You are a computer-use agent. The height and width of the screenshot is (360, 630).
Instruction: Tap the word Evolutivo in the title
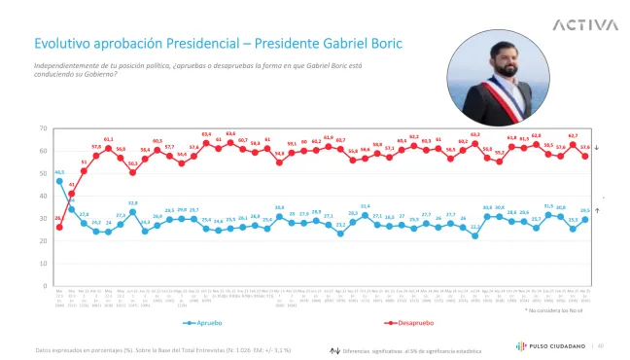(61, 45)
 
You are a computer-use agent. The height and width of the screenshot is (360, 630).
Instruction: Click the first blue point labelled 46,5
(59, 181)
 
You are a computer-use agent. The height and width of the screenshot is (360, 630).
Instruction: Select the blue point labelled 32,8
(132, 212)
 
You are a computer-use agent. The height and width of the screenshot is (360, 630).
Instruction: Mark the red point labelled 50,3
(132, 172)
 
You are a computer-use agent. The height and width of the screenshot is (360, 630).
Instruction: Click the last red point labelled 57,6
(585, 156)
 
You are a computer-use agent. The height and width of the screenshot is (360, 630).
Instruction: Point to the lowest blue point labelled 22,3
(475, 235)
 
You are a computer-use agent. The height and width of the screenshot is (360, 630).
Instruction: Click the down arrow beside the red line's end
(596, 147)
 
